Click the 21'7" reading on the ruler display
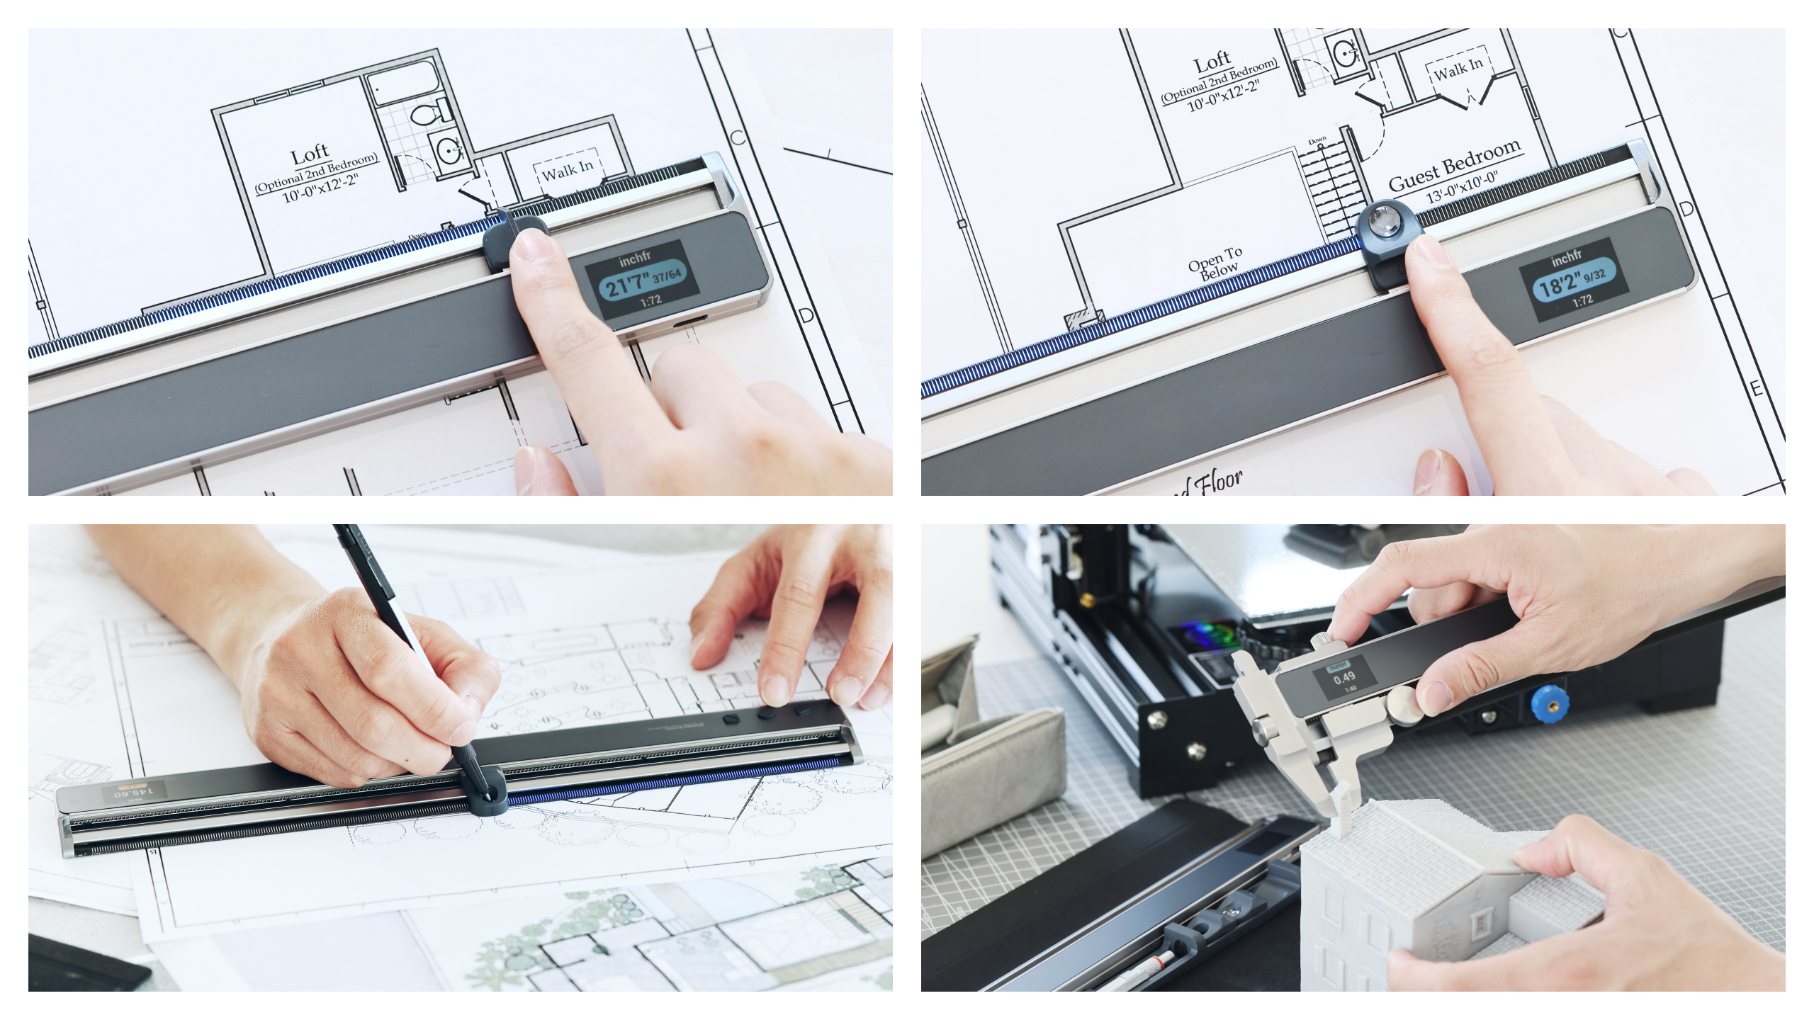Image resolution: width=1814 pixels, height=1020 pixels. [x=626, y=284]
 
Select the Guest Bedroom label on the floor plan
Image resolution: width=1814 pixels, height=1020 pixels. [x=1454, y=166]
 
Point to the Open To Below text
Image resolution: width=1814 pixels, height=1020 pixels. [x=1217, y=261]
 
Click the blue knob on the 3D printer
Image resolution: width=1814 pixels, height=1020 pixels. [x=1549, y=705]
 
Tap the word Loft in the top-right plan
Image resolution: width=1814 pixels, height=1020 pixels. [x=1212, y=62]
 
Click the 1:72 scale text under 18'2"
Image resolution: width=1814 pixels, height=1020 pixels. [x=1582, y=300]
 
